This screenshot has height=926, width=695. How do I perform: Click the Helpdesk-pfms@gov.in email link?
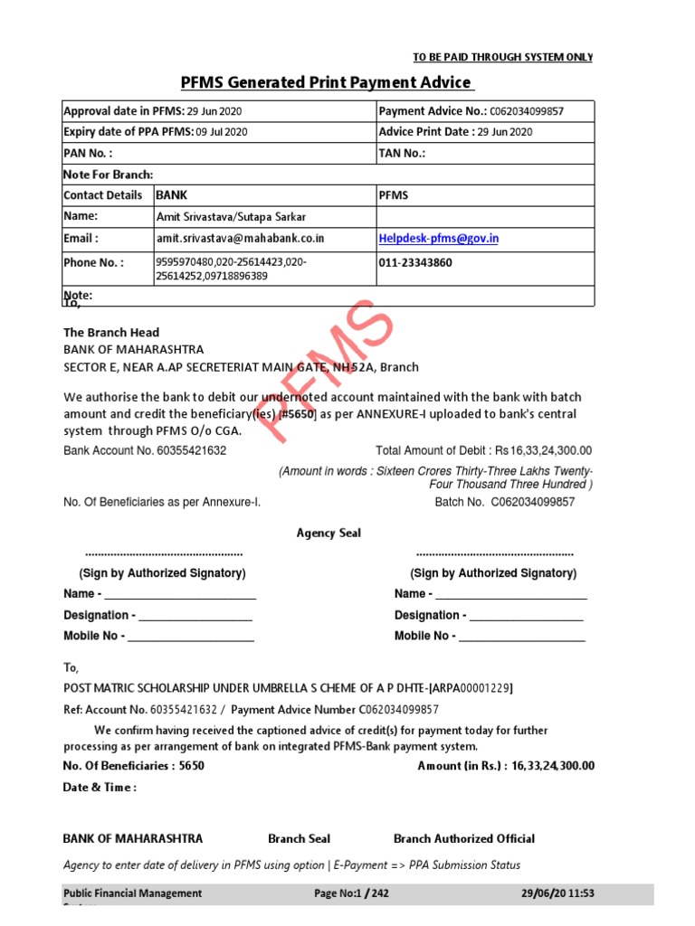(439, 239)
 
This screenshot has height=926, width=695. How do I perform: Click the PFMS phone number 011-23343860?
(415, 263)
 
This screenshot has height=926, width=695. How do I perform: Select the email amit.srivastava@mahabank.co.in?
(240, 239)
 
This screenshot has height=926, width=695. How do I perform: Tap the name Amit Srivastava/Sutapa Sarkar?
(231, 217)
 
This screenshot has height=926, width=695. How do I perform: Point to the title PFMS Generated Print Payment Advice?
(327, 83)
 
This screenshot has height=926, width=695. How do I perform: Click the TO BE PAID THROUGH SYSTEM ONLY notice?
(503, 57)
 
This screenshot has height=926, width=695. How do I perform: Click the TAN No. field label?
(402, 154)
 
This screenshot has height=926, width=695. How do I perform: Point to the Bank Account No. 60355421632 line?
(145, 450)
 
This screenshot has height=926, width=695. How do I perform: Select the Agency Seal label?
(328, 534)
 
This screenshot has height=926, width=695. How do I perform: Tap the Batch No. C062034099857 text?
(505, 502)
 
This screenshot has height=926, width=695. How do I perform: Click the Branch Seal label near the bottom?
(300, 838)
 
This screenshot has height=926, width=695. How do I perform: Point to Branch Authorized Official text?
(464, 838)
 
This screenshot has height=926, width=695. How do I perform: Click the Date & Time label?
(100, 787)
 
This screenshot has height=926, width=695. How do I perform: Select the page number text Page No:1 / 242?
(351, 893)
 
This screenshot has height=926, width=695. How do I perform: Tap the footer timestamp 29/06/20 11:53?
(558, 893)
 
